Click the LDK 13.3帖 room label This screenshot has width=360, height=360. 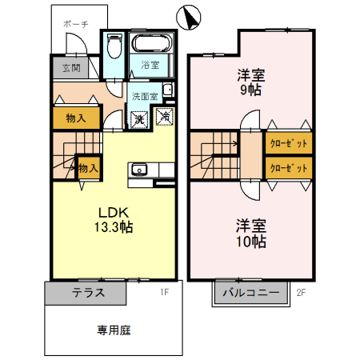[114, 219]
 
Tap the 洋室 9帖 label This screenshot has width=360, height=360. [250, 82]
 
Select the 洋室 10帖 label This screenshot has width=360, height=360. [250, 233]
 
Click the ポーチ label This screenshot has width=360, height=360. [76, 25]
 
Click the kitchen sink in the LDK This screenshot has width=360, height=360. [138, 170]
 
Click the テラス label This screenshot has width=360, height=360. [88, 293]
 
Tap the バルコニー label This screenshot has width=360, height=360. [250, 293]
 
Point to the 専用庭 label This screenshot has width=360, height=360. [114, 329]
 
